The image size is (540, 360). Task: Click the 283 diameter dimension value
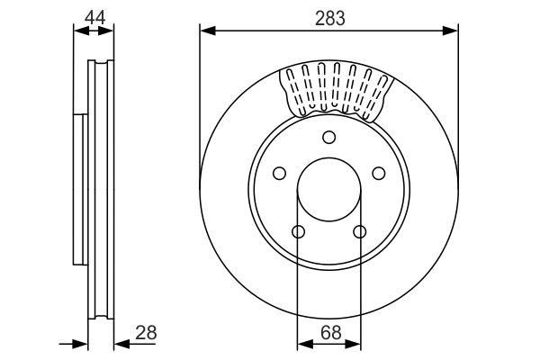(328, 16)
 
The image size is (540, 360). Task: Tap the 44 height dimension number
(94, 16)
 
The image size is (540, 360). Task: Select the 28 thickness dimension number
(144, 332)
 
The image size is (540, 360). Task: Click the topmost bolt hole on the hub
(328, 137)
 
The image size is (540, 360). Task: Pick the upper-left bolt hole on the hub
(279, 173)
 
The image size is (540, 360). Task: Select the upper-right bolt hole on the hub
(378, 173)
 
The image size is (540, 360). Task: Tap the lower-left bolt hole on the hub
(298, 232)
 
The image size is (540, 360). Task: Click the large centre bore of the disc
(328, 191)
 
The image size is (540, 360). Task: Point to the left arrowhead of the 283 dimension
(206, 31)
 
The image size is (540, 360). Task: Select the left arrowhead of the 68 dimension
(303, 343)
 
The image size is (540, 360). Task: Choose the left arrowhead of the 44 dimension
(78, 31)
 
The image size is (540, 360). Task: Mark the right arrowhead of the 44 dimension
(109, 31)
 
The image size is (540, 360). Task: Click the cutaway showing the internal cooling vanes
(337, 90)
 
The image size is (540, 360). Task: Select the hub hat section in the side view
(79, 191)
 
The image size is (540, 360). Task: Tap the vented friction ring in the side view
(101, 191)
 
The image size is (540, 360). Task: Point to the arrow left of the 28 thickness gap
(79, 343)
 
